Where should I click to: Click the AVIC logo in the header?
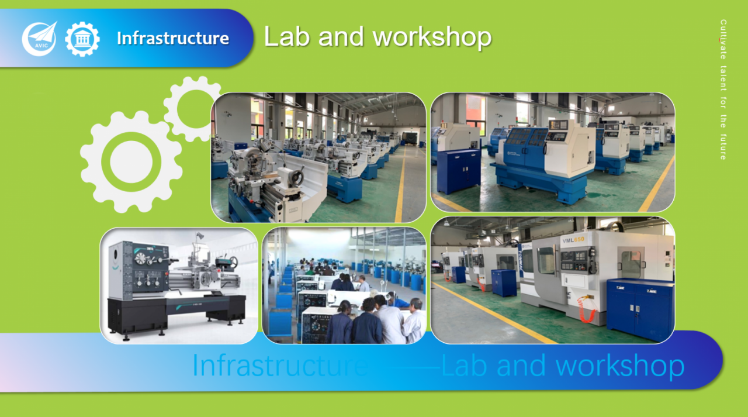(39, 39)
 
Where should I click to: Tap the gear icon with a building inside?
(82, 39)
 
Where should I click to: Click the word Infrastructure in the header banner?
(173, 38)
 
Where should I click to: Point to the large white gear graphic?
(131, 162)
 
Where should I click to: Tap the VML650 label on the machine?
(573, 240)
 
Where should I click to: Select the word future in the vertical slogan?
(723, 147)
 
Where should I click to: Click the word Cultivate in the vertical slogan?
(723, 39)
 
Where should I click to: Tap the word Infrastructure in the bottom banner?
(280, 366)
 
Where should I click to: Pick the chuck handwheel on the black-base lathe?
(141, 259)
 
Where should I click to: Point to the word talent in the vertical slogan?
(723, 78)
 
